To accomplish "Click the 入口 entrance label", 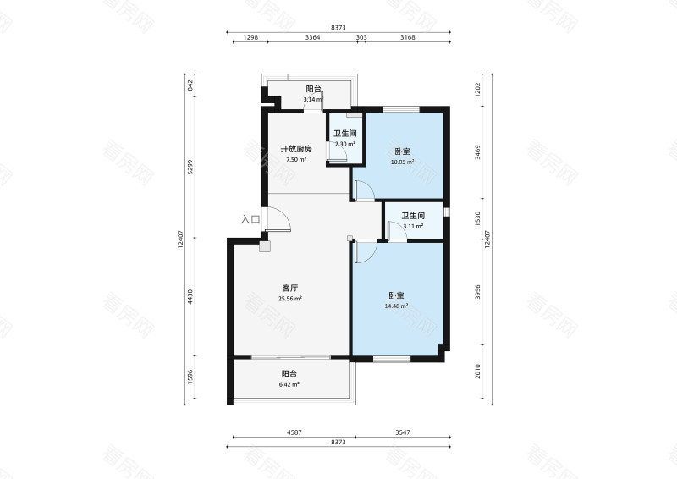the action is [x=250, y=219].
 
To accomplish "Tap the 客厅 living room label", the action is [x=290, y=288].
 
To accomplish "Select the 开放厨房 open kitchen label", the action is [x=296, y=149].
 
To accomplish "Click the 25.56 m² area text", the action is [x=290, y=299].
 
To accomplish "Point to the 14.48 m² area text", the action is [x=396, y=306].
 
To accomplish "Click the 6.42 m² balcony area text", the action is [x=289, y=384].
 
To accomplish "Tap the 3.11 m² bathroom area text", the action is [x=413, y=226].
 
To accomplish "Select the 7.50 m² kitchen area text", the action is [x=296, y=159].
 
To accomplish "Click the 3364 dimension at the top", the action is [x=312, y=37].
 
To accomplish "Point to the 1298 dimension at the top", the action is [x=250, y=37].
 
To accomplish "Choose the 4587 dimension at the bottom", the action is [x=294, y=432].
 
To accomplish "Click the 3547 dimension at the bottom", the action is [x=403, y=432].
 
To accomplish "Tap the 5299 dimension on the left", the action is [x=190, y=167].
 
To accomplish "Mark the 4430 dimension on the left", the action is [x=190, y=297].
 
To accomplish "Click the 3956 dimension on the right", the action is [x=477, y=292].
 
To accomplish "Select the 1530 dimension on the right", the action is [x=477, y=218].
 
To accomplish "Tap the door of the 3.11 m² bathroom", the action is [x=396, y=231].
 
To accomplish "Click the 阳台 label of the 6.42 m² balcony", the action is [x=289, y=373].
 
